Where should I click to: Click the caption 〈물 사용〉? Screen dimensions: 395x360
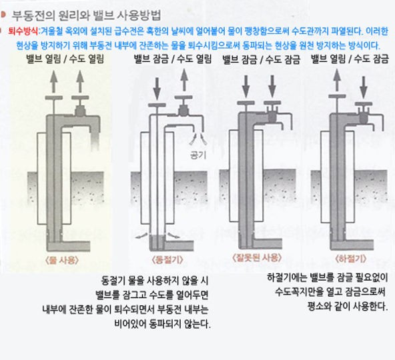point(61,260)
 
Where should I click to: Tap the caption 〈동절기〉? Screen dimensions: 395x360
point(167,259)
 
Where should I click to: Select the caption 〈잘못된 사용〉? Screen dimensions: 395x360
point(257,257)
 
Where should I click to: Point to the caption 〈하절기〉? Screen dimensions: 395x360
point(351,259)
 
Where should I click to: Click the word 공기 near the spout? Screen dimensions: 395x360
point(198,155)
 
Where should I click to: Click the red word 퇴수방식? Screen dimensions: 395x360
point(23,31)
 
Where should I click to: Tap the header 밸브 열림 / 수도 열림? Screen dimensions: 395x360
point(65,59)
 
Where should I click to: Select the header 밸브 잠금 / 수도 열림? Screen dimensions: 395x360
point(173,59)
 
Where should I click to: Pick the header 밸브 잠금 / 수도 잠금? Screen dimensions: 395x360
point(262,59)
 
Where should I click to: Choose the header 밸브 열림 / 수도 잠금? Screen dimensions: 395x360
point(350,59)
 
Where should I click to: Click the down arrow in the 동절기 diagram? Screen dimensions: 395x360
point(157,89)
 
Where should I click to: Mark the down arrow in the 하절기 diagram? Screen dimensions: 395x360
point(364,88)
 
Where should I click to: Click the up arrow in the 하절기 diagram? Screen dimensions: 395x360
point(337,81)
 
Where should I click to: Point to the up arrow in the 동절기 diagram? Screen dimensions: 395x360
point(184,80)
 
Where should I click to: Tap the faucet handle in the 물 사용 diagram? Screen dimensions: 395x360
point(80,98)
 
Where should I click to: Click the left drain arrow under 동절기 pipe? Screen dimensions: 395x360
point(141,235)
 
